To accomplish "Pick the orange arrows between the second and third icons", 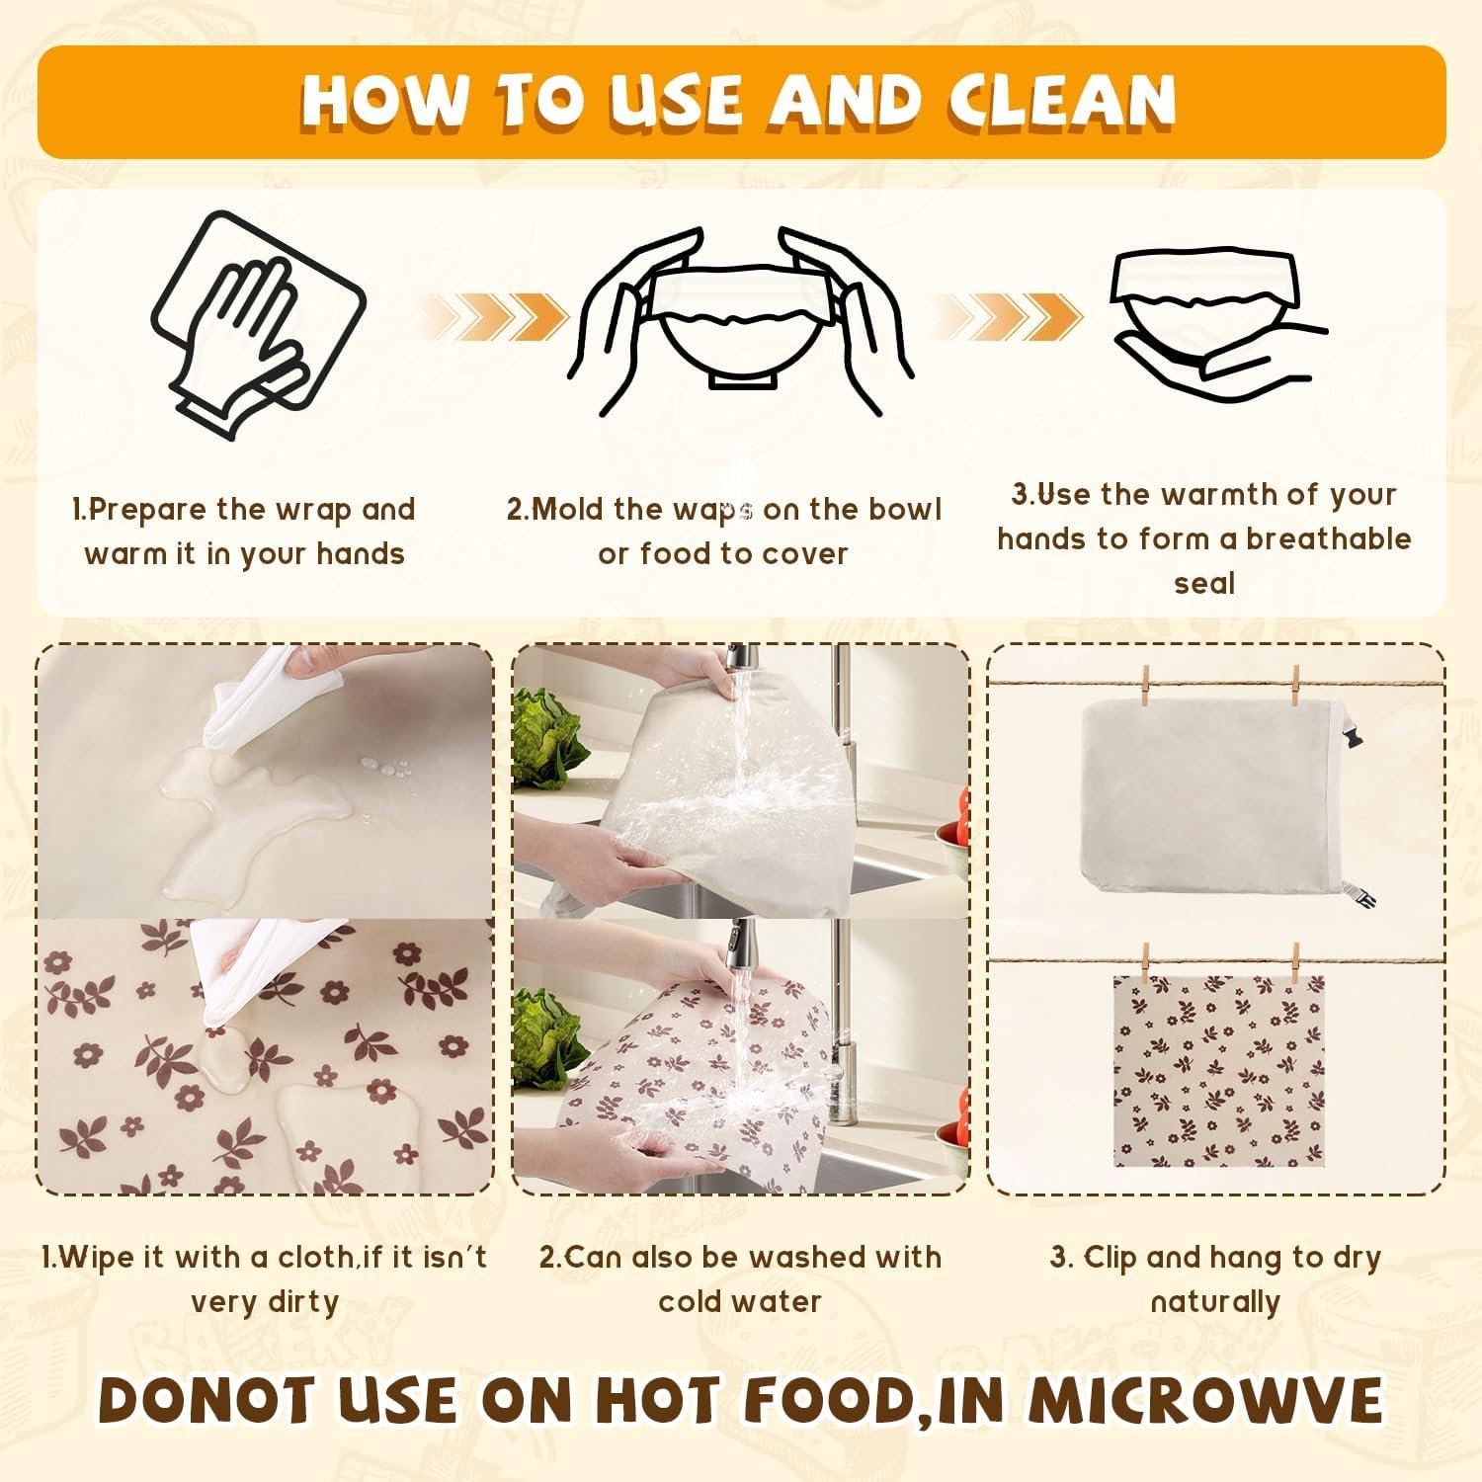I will click(x=1008, y=317).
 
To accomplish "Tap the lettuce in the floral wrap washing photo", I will click(x=544, y=1037).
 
